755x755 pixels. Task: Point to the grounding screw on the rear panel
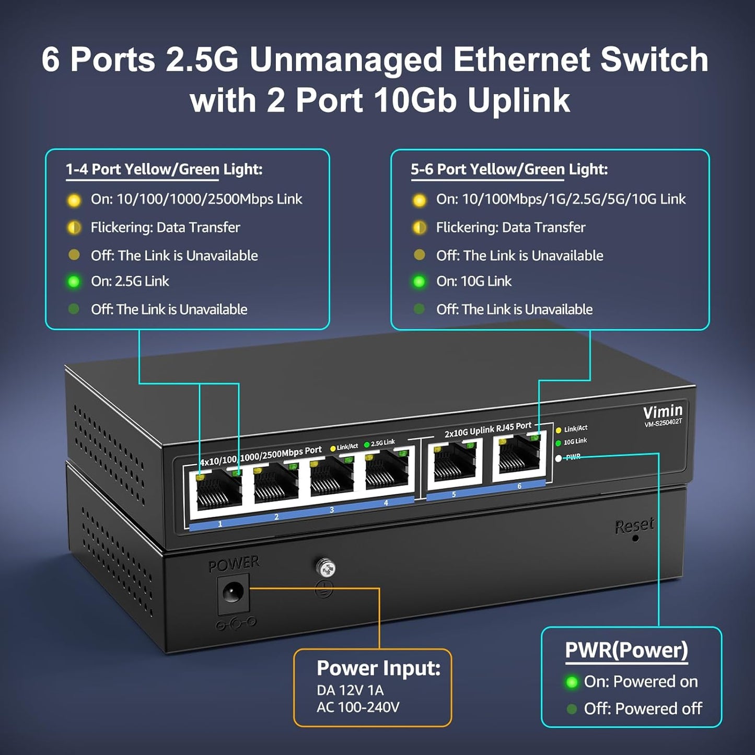[x=325, y=568]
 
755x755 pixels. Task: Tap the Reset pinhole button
[x=635, y=538]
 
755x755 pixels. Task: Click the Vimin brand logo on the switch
[x=663, y=412]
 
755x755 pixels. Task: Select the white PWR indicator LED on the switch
[x=559, y=458]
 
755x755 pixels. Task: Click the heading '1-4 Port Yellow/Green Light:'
[x=164, y=169]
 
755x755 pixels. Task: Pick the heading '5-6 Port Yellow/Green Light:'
[x=509, y=169]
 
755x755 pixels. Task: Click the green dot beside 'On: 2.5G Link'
[x=74, y=282]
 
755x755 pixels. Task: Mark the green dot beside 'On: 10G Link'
[x=419, y=282]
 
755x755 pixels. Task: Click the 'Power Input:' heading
[x=378, y=668]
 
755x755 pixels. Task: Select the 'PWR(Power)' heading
[x=626, y=650]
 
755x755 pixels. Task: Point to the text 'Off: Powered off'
[x=643, y=708]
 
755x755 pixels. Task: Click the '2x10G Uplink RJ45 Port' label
[x=487, y=429]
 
